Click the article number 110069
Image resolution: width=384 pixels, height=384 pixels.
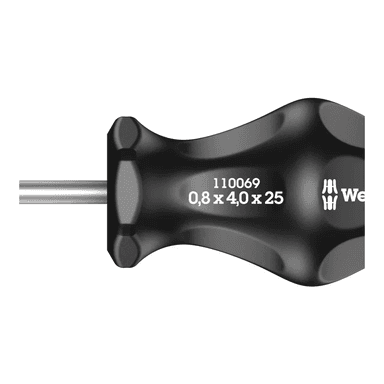click(236, 183)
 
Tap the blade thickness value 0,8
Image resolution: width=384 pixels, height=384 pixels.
click(199, 198)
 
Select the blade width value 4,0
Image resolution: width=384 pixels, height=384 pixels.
click(237, 198)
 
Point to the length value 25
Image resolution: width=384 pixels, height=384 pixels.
click(273, 198)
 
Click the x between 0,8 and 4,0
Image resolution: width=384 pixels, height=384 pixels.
click(218, 199)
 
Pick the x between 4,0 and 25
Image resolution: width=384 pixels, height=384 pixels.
click(256, 199)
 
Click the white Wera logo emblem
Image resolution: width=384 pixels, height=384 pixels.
click(329, 195)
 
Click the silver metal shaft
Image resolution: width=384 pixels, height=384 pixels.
click(63, 192)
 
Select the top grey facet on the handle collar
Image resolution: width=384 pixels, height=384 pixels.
click(124, 133)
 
